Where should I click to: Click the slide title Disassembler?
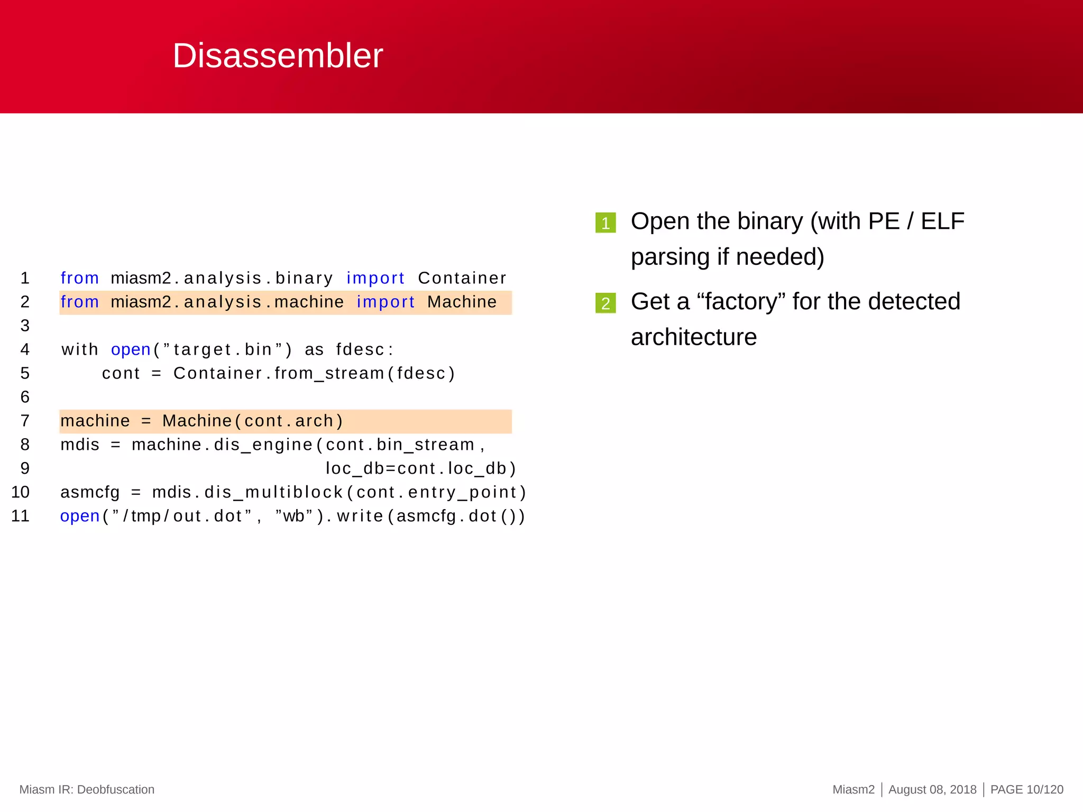[278, 56]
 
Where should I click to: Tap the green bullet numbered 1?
[605, 223]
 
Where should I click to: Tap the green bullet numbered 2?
[605, 303]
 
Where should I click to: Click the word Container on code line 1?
[462, 278]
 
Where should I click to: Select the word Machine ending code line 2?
[462, 302]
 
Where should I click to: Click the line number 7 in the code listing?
[25, 421]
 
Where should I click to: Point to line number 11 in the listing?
[21, 515]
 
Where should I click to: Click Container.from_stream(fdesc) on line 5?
[314, 373]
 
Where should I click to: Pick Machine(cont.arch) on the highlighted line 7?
[253, 421]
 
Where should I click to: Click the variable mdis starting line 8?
[80, 445]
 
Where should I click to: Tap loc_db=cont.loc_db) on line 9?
[420, 468]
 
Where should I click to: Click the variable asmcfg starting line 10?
[90, 492]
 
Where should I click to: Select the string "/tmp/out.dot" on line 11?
[181, 516]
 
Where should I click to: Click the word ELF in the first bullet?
[942, 221]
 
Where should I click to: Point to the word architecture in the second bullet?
[694, 337]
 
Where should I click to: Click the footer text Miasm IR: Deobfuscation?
[87, 789]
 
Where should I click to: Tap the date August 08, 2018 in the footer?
[932, 789]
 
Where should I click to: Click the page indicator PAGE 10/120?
[1026, 789]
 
